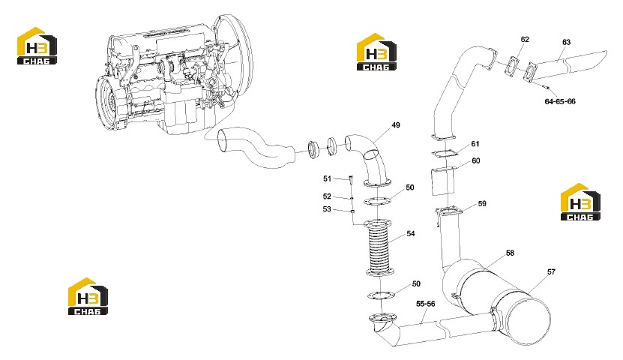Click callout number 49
point(396,125)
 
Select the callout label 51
point(327,178)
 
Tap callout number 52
point(327,196)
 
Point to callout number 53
point(327,209)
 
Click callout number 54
point(410,234)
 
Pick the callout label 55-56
point(426,304)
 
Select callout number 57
point(551,271)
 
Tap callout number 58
point(510,253)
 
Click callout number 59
point(482,204)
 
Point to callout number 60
point(475,161)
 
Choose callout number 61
point(475,144)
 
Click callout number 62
point(525,39)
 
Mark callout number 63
point(566,42)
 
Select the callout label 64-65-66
point(560,102)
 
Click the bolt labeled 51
point(351,179)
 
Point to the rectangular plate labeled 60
point(442,181)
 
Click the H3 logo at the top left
point(37,46)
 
